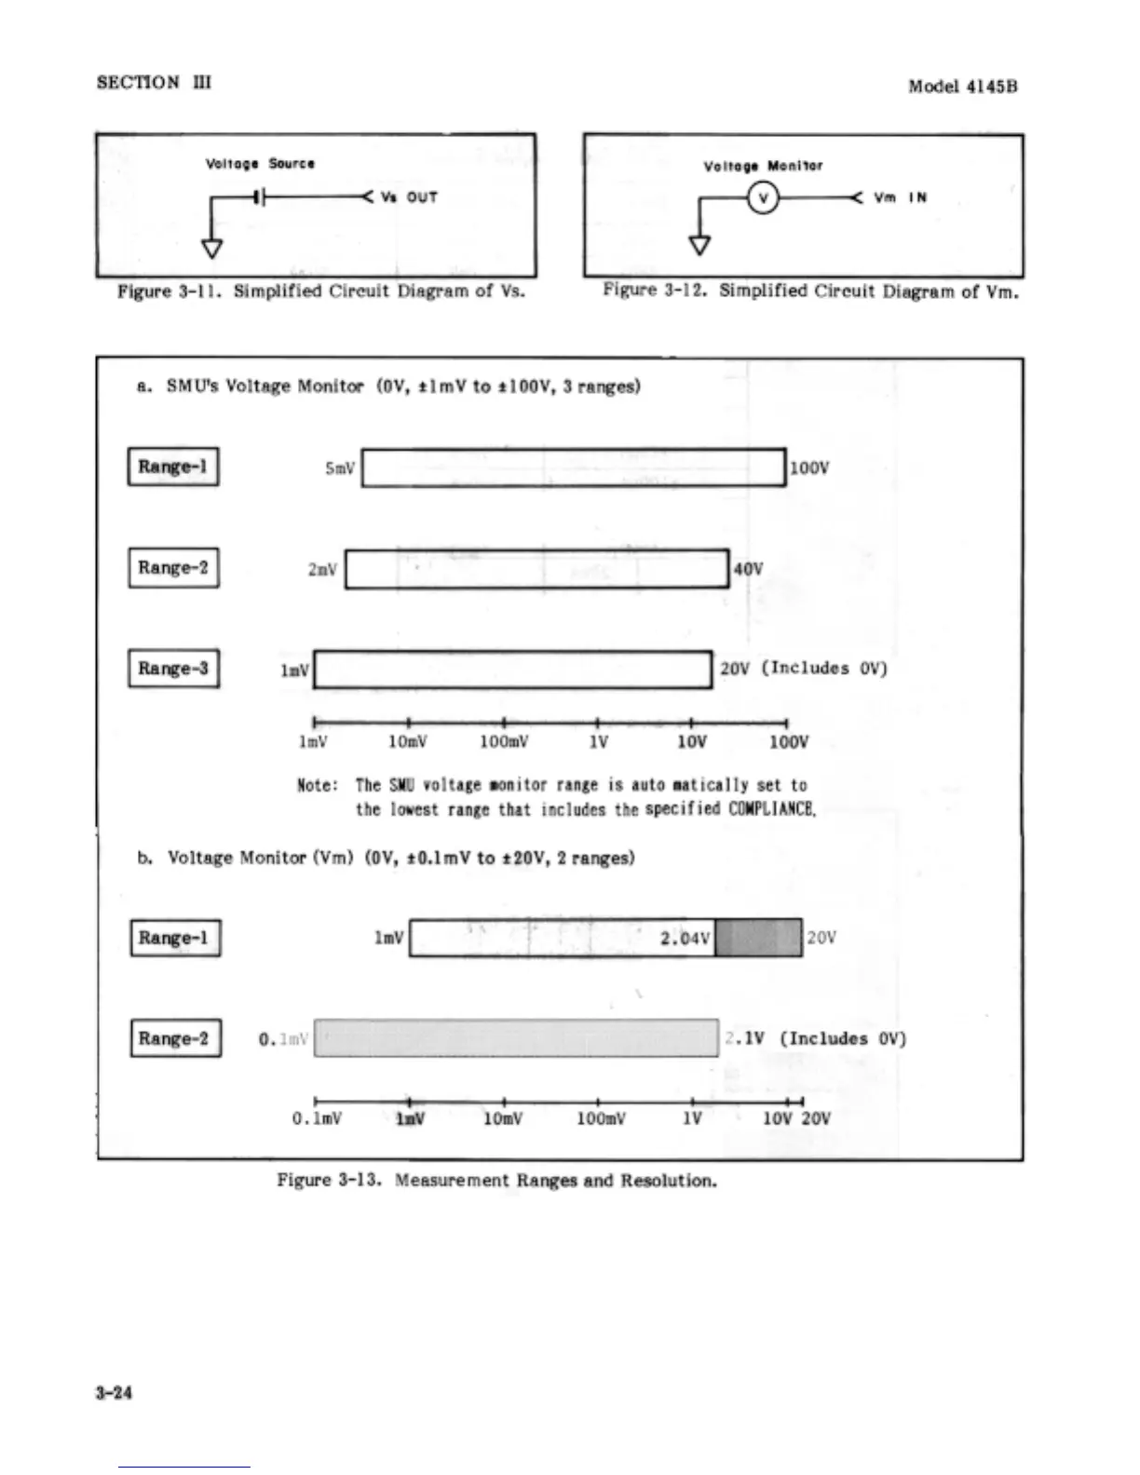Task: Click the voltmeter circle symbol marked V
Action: tap(763, 197)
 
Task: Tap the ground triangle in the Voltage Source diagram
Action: tap(213, 248)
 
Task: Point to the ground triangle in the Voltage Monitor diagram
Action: tap(699, 245)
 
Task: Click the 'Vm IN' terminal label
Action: tap(900, 197)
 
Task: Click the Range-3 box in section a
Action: tap(173, 669)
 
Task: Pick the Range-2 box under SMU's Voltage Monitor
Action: tap(173, 568)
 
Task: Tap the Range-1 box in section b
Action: tap(175, 938)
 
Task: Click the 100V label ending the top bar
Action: tap(808, 467)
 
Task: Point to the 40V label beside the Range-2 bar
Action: tap(749, 569)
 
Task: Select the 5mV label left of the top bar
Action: tap(340, 468)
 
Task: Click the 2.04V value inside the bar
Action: tap(685, 938)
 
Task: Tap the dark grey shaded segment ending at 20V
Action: tap(758, 938)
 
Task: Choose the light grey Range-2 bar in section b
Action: tap(516, 1038)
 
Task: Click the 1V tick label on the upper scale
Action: tap(599, 742)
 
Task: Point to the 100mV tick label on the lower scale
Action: tap(601, 1118)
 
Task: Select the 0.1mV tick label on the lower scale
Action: tap(318, 1118)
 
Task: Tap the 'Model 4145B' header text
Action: tap(962, 87)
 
